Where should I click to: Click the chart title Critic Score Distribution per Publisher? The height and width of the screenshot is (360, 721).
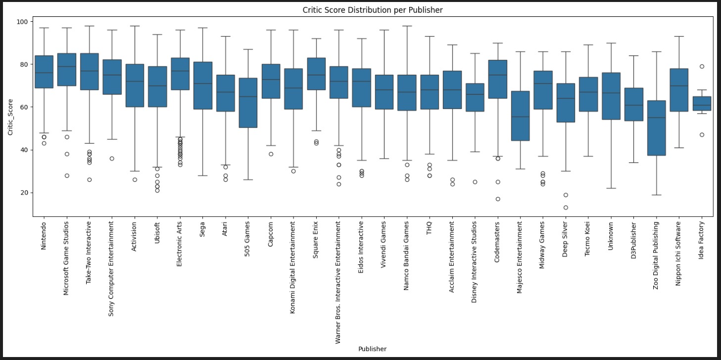[373, 10]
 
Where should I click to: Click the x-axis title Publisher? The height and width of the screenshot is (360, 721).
[373, 349]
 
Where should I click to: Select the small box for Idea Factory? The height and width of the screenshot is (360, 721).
[701, 103]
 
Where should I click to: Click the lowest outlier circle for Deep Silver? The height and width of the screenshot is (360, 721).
[565, 207]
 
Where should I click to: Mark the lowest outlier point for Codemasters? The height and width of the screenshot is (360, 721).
[497, 199]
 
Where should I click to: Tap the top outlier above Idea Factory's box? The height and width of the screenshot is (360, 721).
[701, 66]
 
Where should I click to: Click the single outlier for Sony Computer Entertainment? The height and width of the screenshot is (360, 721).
[112, 158]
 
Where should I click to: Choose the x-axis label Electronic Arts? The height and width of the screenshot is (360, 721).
[180, 243]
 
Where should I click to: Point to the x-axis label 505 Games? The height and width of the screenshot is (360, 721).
[247, 238]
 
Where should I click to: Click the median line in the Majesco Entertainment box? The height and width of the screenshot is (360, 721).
[520, 117]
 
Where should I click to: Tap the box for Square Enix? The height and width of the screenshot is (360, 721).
[316, 74]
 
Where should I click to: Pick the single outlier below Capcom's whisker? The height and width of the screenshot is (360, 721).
[271, 154]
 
